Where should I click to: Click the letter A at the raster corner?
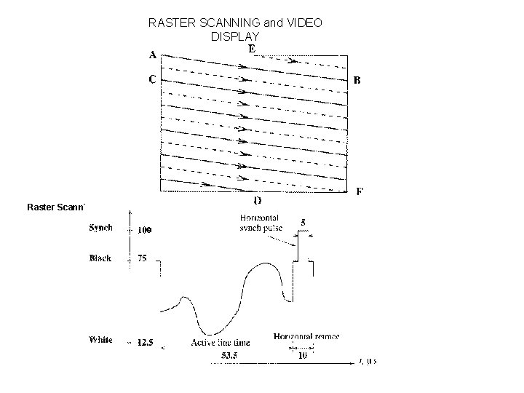pyautogui.click(x=154, y=55)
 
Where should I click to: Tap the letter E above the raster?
pyautogui.click(x=251, y=49)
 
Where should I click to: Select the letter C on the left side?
pyautogui.click(x=154, y=80)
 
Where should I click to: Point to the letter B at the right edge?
pyautogui.click(x=357, y=80)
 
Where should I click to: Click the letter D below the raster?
pyautogui.click(x=258, y=200)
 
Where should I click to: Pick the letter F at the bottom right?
pyautogui.click(x=360, y=192)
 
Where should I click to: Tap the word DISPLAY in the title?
pyautogui.click(x=234, y=36)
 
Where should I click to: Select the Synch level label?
pyautogui.click(x=101, y=228)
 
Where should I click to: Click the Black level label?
pyautogui.click(x=100, y=258)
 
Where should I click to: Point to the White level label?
pyautogui.click(x=100, y=340)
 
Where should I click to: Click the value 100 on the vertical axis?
pyautogui.click(x=146, y=230)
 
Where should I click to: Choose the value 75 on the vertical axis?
pyautogui.click(x=143, y=258)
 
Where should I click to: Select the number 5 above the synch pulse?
pyautogui.click(x=302, y=223)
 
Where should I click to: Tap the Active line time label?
pyautogui.click(x=221, y=342)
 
